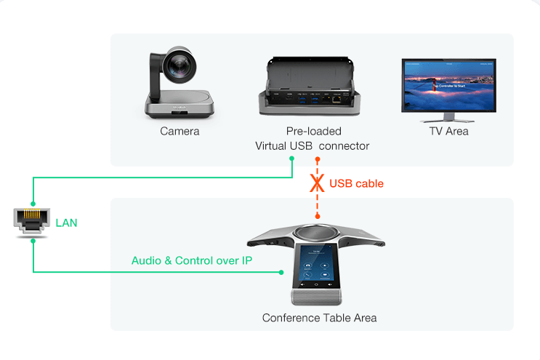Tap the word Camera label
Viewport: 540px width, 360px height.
pyautogui.click(x=180, y=132)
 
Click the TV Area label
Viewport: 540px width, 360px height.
pyautogui.click(x=448, y=132)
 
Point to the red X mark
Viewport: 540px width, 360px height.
pyautogui.click(x=317, y=183)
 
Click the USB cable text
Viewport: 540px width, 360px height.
pyautogui.click(x=356, y=183)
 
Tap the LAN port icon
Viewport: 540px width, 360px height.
pyautogui.click(x=32, y=222)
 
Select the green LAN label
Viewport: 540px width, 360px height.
pyautogui.click(x=66, y=223)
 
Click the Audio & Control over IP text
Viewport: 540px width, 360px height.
pyautogui.click(x=192, y=260)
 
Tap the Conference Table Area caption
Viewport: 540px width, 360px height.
pyautogui.click(x=319, y=318)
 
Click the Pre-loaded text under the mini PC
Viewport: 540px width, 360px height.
pyautogui.click(x=313, y=132)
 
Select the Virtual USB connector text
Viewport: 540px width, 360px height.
pyautogui.click(x=312, y=146)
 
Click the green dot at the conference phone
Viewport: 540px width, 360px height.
pyautogui.click(x=281, y=273)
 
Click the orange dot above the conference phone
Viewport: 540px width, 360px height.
pyautogui.click(x=317, y=216)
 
